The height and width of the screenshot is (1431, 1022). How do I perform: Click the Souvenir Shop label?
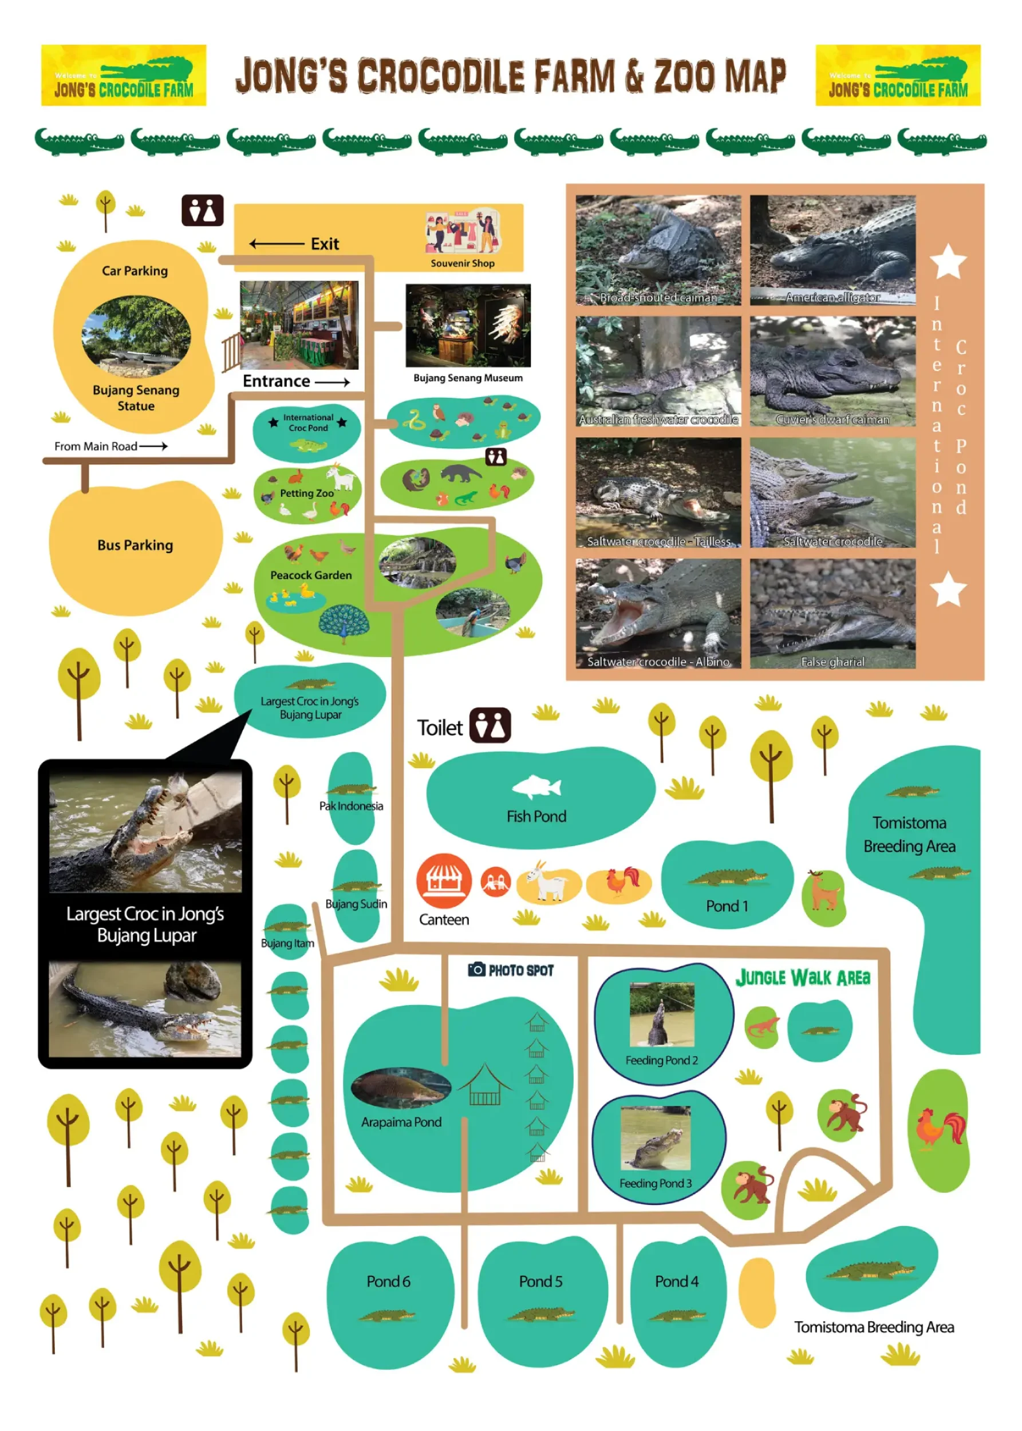462,263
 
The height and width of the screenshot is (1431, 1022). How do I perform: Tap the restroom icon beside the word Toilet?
490,725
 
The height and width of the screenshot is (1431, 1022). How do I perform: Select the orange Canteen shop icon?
444,880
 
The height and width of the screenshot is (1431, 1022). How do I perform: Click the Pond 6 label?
388,1280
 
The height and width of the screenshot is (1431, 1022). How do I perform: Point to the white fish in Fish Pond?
537,786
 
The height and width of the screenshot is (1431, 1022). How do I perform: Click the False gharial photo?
832,613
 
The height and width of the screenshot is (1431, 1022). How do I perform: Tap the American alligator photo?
832,250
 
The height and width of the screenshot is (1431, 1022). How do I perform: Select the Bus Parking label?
135,545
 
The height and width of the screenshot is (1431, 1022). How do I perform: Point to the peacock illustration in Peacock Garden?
343,622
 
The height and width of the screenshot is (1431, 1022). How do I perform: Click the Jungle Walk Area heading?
803,977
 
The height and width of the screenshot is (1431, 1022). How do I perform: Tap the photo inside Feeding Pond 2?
661,1014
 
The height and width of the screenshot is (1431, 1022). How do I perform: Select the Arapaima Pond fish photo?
400,1086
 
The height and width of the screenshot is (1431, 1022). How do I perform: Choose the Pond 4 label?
677,1280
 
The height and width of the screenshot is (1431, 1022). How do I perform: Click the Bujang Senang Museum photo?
468,325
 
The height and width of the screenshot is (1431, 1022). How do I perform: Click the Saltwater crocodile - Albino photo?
658,613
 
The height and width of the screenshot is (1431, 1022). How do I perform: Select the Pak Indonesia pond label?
350,806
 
